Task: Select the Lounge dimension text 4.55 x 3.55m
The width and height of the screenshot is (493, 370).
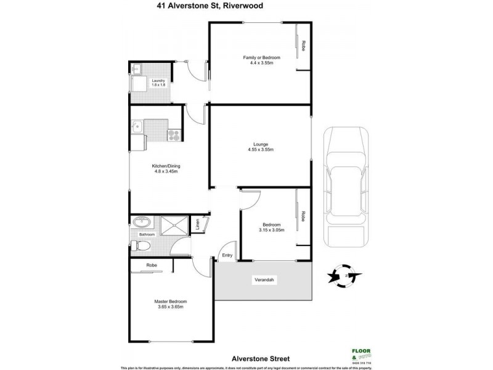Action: tap(261, 149)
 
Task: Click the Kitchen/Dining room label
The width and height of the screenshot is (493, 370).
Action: tap(165, 166)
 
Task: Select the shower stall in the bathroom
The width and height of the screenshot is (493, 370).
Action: tap(176, 226)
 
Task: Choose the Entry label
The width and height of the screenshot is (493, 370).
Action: tap(227, 255)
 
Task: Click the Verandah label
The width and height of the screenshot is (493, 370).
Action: tap(264, 281)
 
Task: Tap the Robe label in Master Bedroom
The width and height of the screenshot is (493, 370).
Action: tap(151, 266)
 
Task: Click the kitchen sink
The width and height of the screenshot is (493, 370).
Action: tap(137, 128)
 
